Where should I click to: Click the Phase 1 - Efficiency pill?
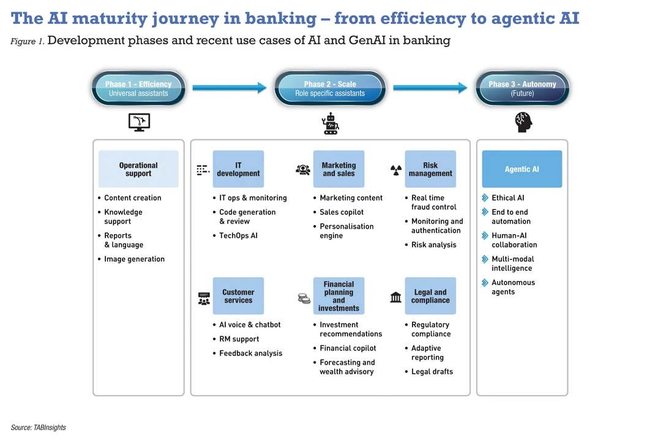[138, 89]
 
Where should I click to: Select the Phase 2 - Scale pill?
[330, 89]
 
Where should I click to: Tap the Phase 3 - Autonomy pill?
[522, 89]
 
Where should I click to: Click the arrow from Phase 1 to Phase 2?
[230, 88]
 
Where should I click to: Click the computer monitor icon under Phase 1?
[139, 122]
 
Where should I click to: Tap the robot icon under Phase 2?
[330, 124]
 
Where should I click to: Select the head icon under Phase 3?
[523, 122]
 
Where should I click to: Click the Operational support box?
[138, 169]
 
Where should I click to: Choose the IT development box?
[238, 169]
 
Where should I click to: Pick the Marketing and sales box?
[338, 169]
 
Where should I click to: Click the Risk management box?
[430, 169]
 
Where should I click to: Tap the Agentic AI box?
[522, 169]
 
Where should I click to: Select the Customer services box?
[238, 296]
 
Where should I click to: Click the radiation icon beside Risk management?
[396, 170]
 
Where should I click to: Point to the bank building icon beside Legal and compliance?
[396, 297]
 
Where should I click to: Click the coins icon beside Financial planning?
[304, 298]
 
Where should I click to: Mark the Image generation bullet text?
[134, 259]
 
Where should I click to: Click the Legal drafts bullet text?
[432, 372]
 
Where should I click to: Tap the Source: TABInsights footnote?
[38, 428]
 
